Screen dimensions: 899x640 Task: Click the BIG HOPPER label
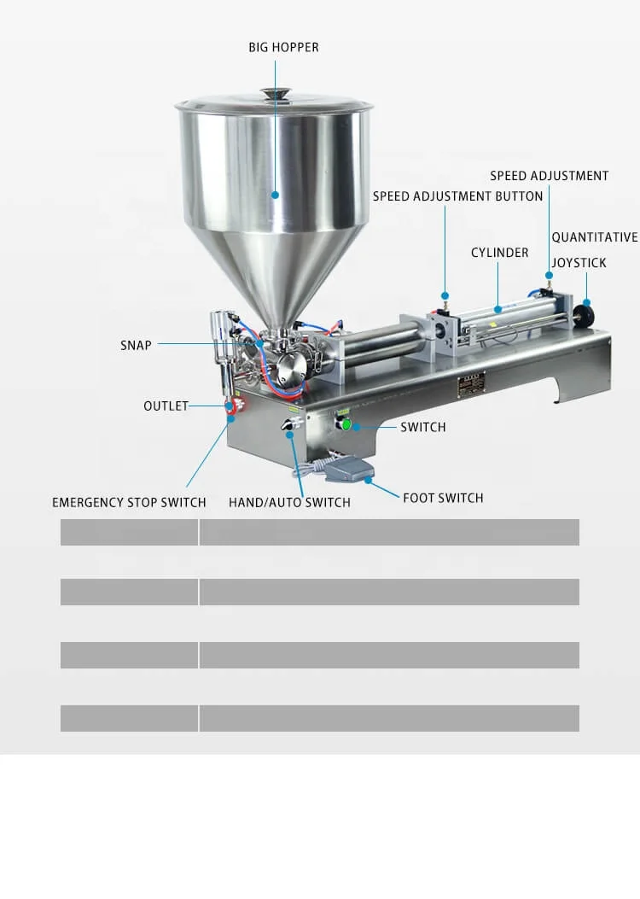point(283,47)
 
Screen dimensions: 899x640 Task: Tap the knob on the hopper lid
point(275,92)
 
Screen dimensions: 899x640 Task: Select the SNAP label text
point(136,345)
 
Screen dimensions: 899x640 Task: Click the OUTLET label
point(166,406)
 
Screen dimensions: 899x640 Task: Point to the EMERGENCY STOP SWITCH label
point(129,502)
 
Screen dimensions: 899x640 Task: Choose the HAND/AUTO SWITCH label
point(289,502)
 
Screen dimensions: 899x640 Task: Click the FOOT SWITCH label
point(443,498)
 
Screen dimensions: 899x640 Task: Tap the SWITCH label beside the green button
point(422,427)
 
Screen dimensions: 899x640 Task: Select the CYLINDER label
point(500,253)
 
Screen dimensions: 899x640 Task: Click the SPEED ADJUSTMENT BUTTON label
point(457,196)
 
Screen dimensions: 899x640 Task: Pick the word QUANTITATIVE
point(594,237)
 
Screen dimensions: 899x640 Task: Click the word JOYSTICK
point(579,263)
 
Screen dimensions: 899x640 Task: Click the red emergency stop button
point(232,407)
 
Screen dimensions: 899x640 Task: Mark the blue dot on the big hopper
point(275,195)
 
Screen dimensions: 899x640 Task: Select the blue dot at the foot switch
point(368,480)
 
